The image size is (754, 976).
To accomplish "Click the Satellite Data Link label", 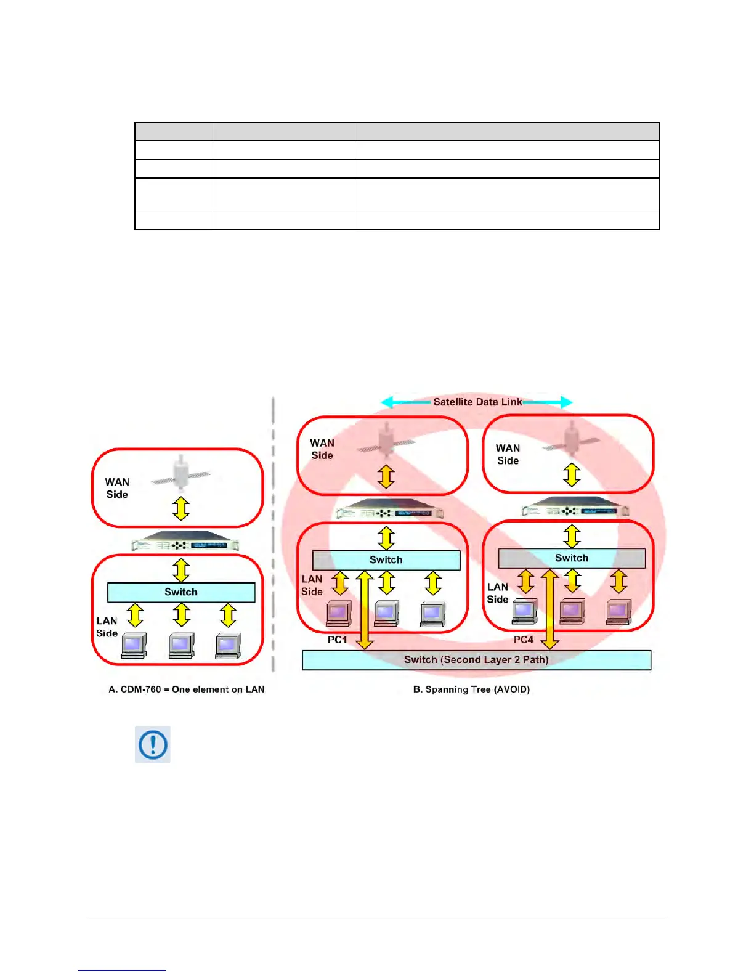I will click(477, 402).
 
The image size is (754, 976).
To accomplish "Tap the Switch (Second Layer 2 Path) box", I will click(476, 660).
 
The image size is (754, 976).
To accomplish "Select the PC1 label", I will click(337, 640).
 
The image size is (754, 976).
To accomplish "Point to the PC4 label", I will click(524, 640).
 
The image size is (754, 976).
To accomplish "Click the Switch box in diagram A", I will click(181, 592).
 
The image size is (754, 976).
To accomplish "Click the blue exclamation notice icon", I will click(153, 744).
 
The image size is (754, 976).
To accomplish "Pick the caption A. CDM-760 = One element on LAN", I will click(187, 689).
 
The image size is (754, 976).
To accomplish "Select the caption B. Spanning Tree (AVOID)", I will click(471, 689).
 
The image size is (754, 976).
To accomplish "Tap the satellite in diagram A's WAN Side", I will click(181, 474).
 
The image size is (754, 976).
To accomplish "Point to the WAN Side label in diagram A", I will click(117, 488).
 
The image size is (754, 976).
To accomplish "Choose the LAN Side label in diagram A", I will click(107, 627).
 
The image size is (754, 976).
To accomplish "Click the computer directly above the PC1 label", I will click(339, 613).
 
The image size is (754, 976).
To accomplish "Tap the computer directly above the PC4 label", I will click(524, 611).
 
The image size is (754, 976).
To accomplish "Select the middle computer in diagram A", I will click(181, 645).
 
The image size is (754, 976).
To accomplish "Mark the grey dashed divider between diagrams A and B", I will click(273, 536).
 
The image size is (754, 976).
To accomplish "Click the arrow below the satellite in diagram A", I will click(181, 508).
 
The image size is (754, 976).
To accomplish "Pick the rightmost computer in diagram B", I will click(618, 611).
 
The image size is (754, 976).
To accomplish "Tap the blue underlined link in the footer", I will click(122, 970).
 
